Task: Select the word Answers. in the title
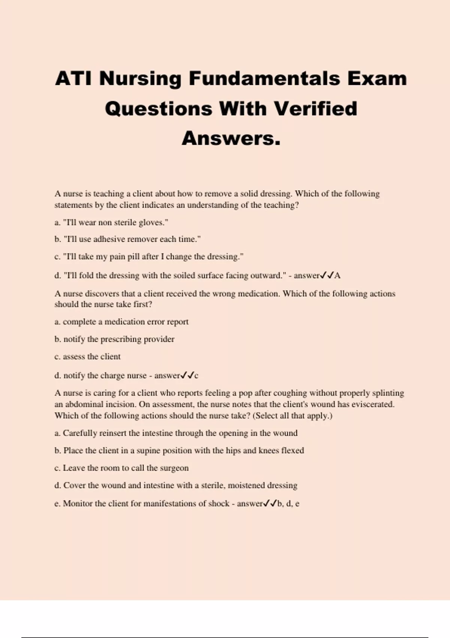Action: (x=231, y=138)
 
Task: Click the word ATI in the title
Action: (x=73, y=79)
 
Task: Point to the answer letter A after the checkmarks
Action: (x=337, y=276)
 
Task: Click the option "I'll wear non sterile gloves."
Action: (x=115, y=223)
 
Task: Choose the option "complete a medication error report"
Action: (x=125, y=322)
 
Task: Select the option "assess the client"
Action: (x=91, y=357)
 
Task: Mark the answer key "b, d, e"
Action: (x=288, y=504)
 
